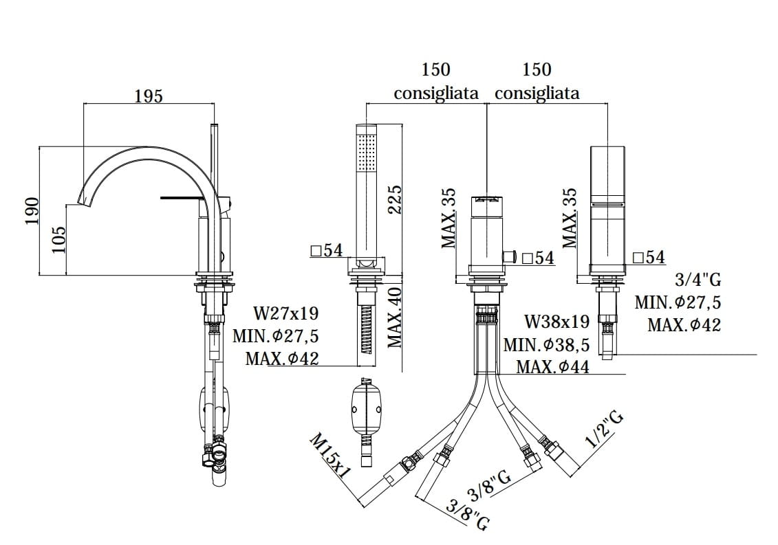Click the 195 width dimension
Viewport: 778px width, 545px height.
[x=149, y=96]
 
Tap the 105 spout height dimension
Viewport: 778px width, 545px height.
[x=59, y=240]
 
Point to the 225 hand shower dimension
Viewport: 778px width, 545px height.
[x=394, y=199]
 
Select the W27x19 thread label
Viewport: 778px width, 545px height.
[x=286, y=314]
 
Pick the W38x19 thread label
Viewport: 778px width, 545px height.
[x=557, y=322]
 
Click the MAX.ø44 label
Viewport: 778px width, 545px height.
[x=552, y=367]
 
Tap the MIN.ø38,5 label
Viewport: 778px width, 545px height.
[x=546, y=345]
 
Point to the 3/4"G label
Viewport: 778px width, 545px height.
[x=699, y=280]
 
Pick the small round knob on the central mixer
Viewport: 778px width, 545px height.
[x=510, y=257]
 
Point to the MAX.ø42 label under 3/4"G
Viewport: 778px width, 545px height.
[x=684, y=325]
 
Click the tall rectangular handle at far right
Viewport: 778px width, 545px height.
[x=607, y=206]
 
